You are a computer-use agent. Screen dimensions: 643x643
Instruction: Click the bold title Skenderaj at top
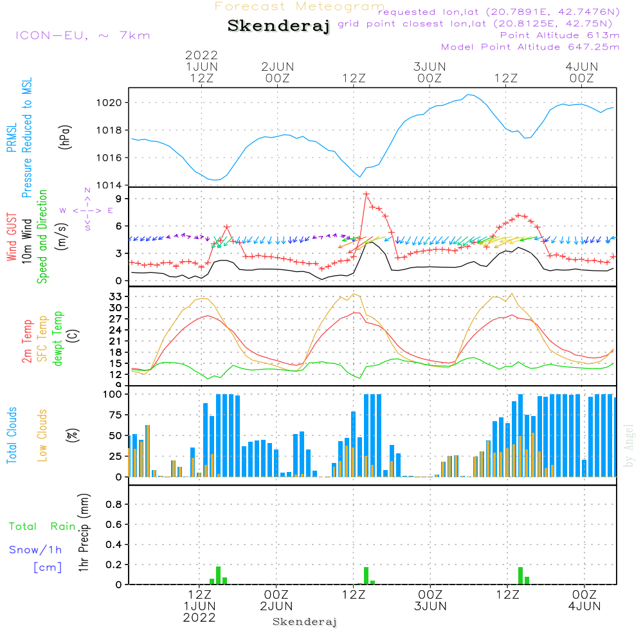pos(278,26)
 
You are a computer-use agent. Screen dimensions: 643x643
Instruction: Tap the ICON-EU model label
pos(82,35)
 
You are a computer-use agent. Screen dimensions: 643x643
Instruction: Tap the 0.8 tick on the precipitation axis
pos(114,505)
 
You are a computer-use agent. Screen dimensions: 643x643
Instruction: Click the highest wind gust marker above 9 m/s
pos(367,194)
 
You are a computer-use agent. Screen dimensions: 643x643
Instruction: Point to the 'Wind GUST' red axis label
pos(12,237)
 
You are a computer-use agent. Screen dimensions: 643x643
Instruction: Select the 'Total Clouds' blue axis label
pos(12,435)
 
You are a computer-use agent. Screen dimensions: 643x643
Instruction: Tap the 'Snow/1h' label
pos(35,550)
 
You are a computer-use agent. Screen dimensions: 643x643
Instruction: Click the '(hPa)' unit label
pos(65,136)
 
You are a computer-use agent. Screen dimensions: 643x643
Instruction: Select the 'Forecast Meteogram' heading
pos(300,6)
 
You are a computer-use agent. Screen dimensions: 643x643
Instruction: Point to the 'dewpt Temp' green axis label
pos(59,340)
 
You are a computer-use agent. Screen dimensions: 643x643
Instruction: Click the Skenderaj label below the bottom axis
pos(305,622)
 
